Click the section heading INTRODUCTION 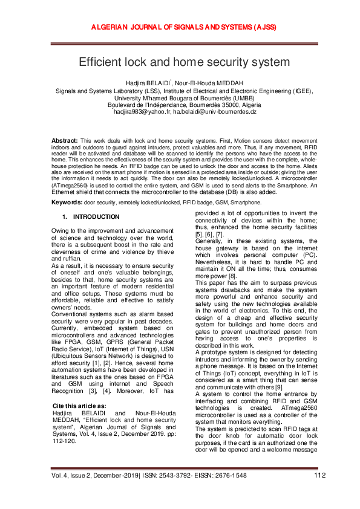pyautogui.click(x=96, y=216)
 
